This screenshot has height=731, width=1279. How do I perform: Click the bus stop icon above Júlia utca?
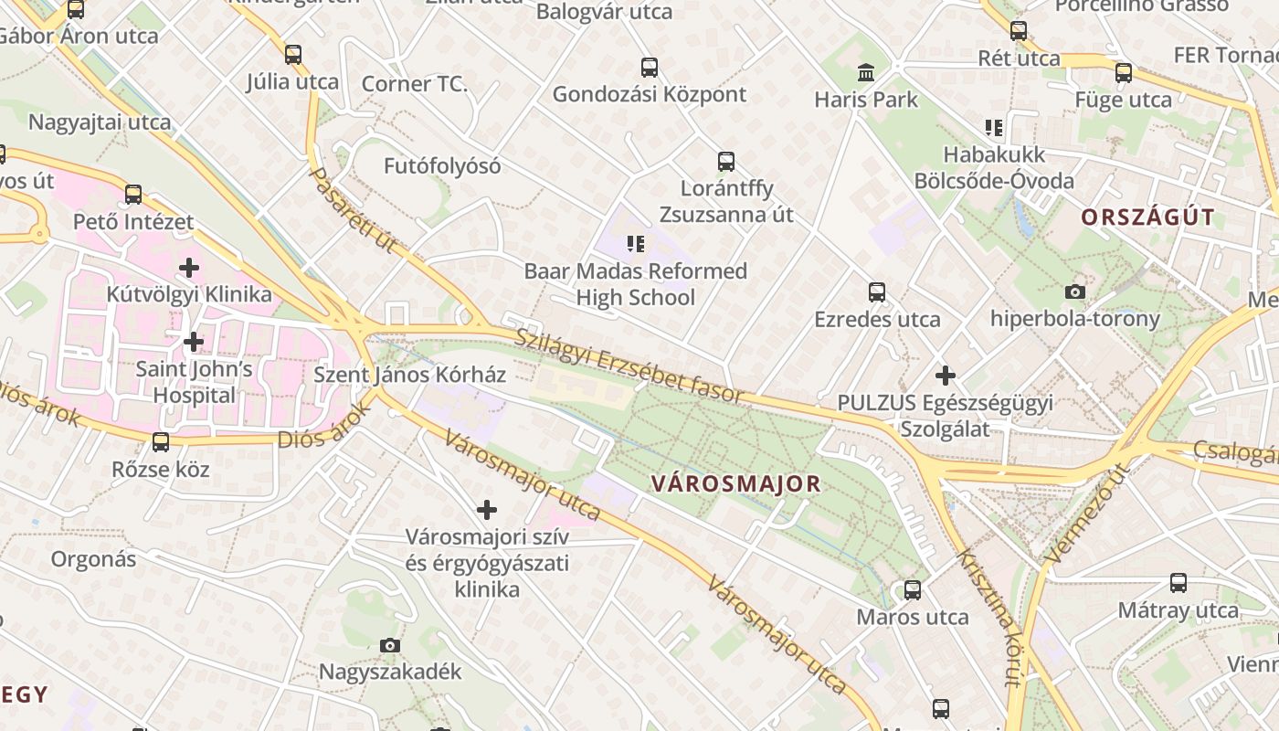tap(293, 55)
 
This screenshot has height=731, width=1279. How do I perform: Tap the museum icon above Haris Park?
tap(866, 72)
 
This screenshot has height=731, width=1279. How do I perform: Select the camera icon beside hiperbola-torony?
tap(1075, 291)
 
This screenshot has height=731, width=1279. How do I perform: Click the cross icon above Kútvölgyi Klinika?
tap(189, 268)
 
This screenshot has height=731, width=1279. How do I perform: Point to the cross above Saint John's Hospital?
tap(194, 343)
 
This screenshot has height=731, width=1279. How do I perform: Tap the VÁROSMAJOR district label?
tap(736, 484)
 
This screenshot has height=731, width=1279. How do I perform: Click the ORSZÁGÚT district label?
tap(1148, 217)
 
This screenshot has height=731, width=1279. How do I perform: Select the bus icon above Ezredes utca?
tap(877, 292)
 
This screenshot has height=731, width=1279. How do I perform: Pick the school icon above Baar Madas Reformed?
tap(636, 244)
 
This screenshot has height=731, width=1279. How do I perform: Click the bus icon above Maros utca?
tap(913, 590)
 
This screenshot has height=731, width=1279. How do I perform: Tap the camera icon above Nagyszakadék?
tap(390, 645)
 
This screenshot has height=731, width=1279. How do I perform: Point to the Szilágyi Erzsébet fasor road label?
tap(630, 366)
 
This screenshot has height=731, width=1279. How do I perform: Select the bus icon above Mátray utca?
tap(1179, 583)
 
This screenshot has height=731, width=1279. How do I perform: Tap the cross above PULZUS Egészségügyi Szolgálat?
tap(946, 376)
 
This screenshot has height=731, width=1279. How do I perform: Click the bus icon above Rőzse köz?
tap(161, 442)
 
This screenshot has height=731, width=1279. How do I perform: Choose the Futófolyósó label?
tap(442, 166)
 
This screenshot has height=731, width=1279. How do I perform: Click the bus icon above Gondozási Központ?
tap(650, 67)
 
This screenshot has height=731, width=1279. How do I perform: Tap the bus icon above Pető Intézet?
tap(133, 194)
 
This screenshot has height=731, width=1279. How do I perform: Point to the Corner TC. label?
tap(415, 84)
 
